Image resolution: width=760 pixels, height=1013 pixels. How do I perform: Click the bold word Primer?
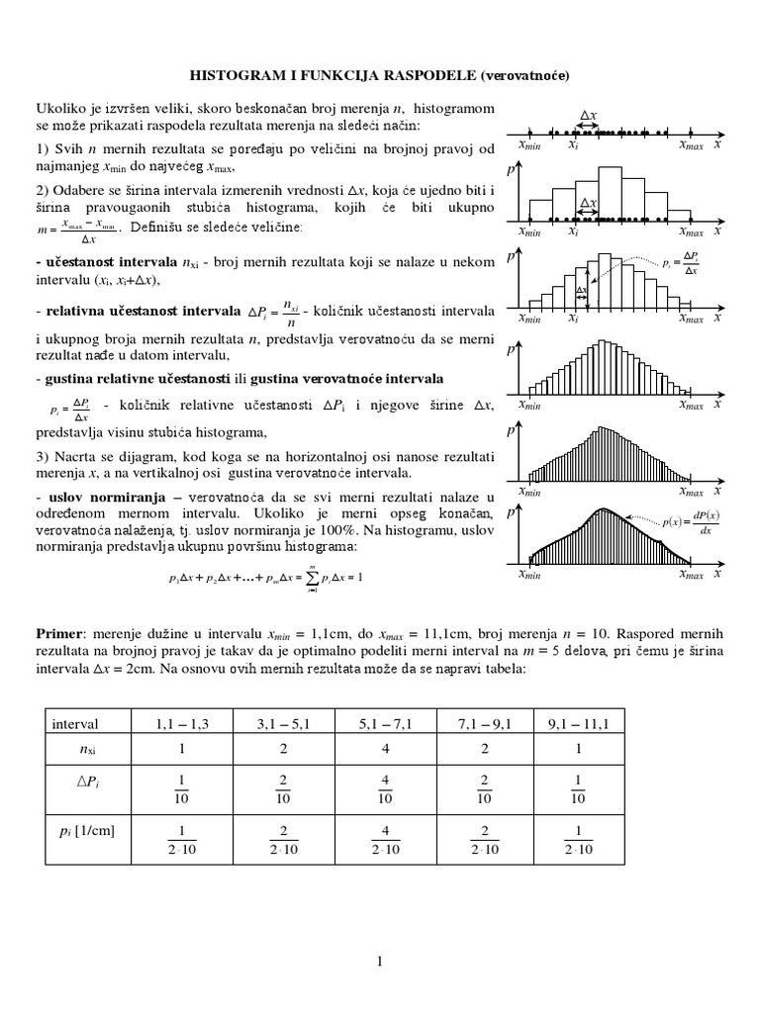coord(59,631)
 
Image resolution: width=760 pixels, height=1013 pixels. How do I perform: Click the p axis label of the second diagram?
coord(511,171)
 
